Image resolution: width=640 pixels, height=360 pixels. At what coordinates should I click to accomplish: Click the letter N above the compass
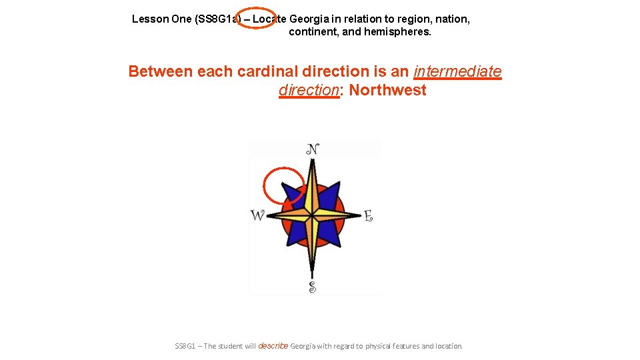point(312,149)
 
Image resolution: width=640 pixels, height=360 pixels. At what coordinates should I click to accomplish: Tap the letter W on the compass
point(257,216)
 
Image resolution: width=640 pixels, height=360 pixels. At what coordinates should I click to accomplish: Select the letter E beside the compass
point(368,216)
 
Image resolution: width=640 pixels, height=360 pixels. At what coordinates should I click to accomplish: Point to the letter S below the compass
point(312,287)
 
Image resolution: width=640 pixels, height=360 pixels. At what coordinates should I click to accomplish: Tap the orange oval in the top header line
point(256,19)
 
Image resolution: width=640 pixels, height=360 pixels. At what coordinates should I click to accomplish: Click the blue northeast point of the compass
point(331,193)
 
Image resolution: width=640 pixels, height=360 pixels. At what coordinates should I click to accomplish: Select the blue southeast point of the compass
point(331,235)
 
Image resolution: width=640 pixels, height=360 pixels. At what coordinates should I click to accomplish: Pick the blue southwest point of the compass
point(292,235)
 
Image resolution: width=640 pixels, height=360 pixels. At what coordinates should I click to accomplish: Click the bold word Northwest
point(387,91)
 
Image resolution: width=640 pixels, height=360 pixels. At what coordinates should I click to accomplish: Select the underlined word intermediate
point(457,71)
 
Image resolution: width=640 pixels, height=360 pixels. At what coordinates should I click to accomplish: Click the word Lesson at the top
point(150,19)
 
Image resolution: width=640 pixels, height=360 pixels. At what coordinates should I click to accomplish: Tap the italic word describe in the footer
point(273,346)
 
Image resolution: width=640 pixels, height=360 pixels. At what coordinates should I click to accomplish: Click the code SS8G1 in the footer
point(186,346)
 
